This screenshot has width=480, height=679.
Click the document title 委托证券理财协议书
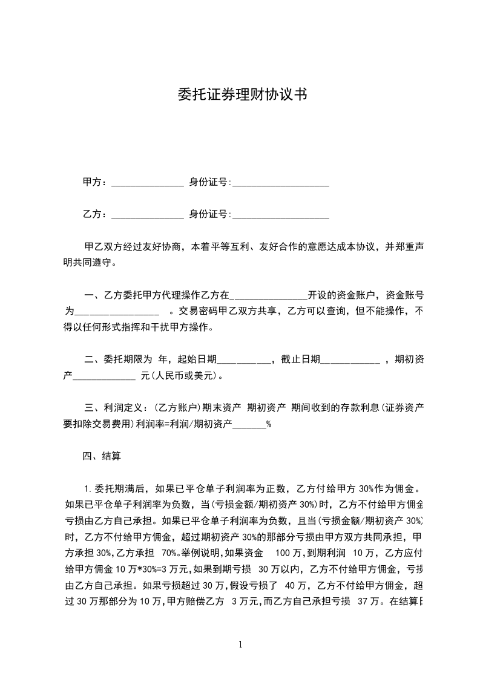240,94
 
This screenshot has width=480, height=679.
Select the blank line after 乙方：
148,215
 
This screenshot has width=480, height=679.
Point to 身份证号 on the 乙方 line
208,214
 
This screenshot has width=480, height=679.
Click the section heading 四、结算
102,456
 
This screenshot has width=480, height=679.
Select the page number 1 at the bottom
240,645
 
